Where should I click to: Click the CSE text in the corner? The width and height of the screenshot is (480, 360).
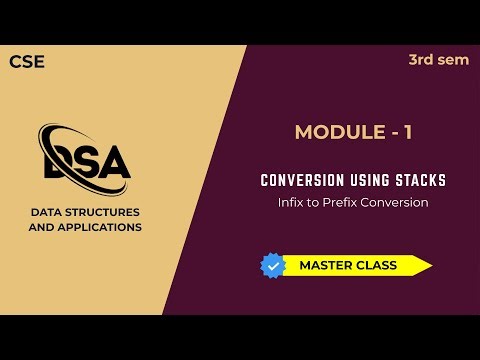[x=27, y=62]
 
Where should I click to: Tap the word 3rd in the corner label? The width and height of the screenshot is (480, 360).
[x=421, y=60]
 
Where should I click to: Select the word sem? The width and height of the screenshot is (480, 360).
[x=454, y=60]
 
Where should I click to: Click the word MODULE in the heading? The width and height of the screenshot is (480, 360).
[x=333, y=132]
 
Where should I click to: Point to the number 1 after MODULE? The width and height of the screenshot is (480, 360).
[x=407, y=132]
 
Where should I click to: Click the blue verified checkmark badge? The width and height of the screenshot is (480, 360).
[x=273, y=265]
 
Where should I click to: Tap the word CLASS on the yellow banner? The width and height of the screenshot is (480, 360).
[x=374, y=265]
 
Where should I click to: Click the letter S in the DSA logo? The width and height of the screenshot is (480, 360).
[x=84, y=163]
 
